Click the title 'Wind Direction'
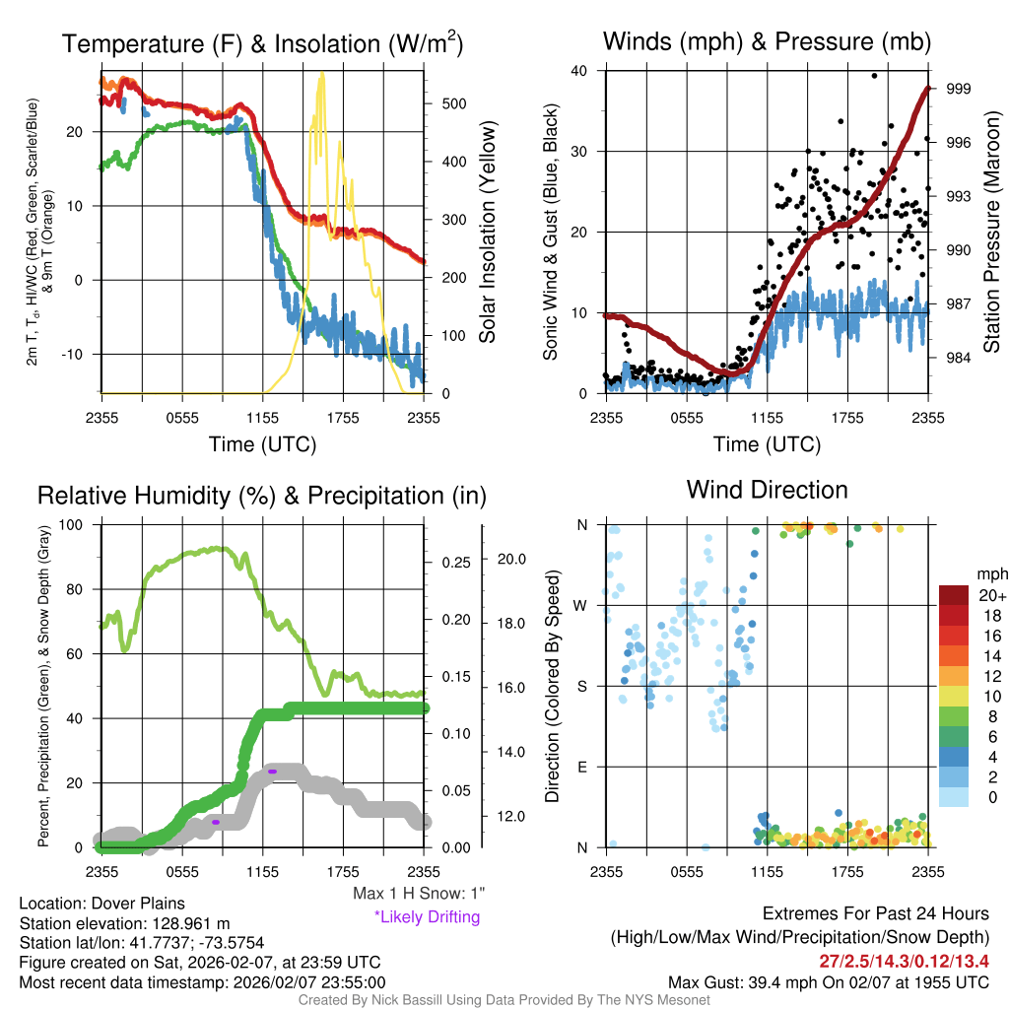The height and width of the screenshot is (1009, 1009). click(x=767, y=490)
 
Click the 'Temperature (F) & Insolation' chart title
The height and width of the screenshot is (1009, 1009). click(x=262, y=43)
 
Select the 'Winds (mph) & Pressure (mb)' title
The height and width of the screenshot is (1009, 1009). click(x=767, y=41)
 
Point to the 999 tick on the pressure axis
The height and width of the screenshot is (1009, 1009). click(x=959, y=89)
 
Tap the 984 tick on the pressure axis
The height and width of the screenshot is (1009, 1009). click(x=959, y=357)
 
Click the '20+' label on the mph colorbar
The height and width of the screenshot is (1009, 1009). click(x=991, y=596)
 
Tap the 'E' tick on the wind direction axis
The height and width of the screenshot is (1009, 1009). click(x=583, y=767)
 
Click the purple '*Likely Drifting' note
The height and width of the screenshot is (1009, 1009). click(x=427, y=917)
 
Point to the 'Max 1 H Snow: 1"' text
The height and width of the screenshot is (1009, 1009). click(x=419, y=894)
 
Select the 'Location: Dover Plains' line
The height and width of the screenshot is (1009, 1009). click(x=102, y=904)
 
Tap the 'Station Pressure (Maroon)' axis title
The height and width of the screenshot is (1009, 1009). click(x=992, y=233)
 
